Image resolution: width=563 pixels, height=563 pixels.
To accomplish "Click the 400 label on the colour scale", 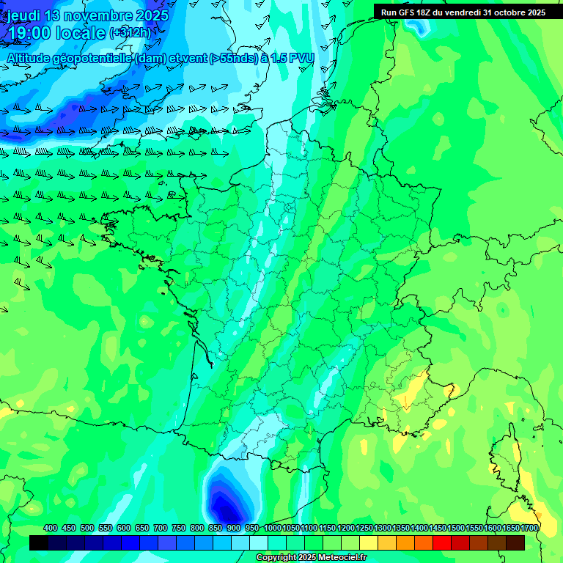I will (51, 528).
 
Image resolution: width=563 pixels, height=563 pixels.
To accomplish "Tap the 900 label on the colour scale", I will (234, 528).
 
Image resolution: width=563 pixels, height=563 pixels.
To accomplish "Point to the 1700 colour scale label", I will (529, 528).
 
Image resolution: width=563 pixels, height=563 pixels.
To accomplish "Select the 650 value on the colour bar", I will (142, 528).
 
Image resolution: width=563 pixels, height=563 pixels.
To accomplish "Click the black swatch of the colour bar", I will (39, 542).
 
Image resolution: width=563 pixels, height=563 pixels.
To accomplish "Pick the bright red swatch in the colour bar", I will (442, 542).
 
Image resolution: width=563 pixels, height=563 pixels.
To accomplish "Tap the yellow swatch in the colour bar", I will (369, 542).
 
